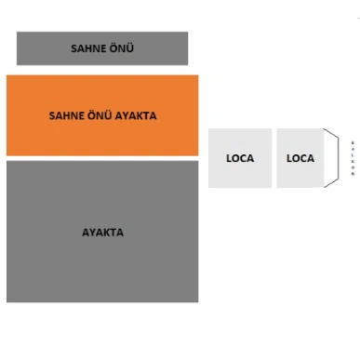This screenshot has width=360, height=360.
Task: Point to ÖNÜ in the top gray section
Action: [120, 48]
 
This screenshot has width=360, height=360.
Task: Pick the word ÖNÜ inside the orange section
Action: [97, 116]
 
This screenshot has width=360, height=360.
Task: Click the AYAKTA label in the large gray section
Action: [102, 233]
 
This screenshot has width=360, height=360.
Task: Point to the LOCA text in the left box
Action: [240, 158]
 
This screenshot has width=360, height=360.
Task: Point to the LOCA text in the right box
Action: [300, 158]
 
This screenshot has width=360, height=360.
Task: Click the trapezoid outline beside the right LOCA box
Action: [331, 158]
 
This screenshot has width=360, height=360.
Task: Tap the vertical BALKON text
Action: [353, 158]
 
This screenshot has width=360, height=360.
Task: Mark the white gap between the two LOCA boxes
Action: [274, 158]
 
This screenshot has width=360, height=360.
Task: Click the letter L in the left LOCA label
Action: [229, 158]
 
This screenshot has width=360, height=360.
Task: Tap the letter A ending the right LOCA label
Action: [311, 158]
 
